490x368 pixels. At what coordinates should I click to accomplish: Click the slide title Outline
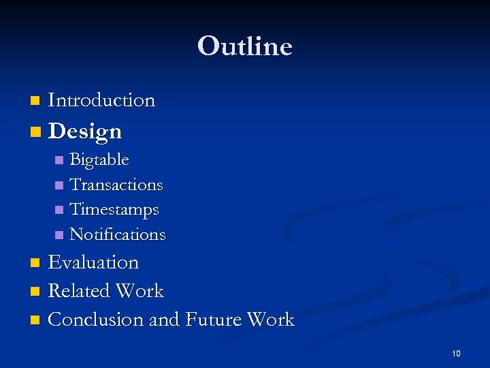245,46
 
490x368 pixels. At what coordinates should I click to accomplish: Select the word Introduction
101,100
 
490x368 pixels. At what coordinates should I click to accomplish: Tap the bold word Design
85,131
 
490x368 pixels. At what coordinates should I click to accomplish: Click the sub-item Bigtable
99,160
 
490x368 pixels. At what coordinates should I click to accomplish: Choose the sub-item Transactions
116,185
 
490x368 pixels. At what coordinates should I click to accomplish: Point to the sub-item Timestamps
114,209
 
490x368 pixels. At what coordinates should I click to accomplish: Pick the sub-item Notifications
118,234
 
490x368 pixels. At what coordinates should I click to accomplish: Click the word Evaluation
93,262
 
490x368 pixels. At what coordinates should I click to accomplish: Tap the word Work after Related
140,291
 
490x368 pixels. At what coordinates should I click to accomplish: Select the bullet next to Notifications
59,235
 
